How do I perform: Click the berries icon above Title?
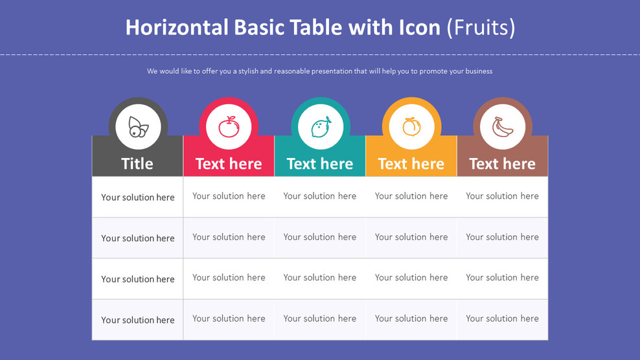click(x=138, y=127)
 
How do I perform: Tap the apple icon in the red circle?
click(x=229, y=127)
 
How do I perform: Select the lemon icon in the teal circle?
click(x=321, y=127)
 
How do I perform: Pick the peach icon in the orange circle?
click(x=411, y=127)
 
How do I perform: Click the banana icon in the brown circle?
click(x=503, y=127)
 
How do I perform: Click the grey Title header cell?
click(x=137, y=164)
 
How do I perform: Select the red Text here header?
click(x=229, y=164)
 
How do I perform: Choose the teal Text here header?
click(x=320, y=164)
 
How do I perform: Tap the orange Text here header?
click(x=411, y=164)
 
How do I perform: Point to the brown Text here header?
click(x=503, y=164)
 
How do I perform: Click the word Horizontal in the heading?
click(x=177, y=27)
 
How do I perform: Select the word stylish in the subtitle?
click(x=245, y=71)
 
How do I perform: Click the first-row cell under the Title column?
click(x=138, y=197)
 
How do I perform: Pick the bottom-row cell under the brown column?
click(x=503, y=319)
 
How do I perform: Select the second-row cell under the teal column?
click(x=320, y=237)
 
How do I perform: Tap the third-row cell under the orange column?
click(x=411, y=278)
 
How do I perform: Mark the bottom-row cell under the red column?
click(x=229, y=319)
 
